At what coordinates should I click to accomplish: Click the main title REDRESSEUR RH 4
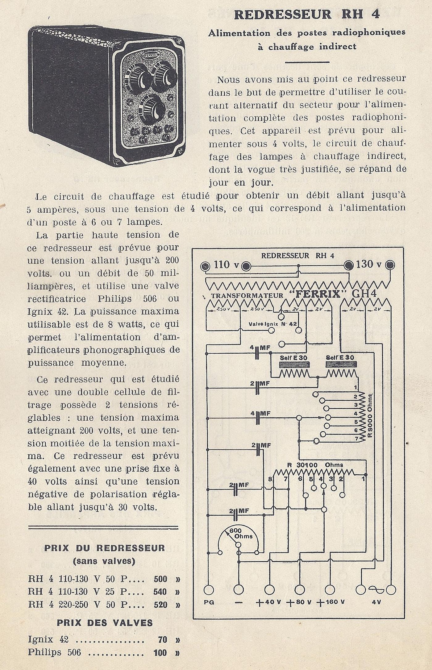[307, 14]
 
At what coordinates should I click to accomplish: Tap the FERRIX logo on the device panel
[152, 57]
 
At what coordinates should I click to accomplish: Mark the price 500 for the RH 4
[160, 579]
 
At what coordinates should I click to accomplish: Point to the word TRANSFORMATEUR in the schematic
[247, 296]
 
